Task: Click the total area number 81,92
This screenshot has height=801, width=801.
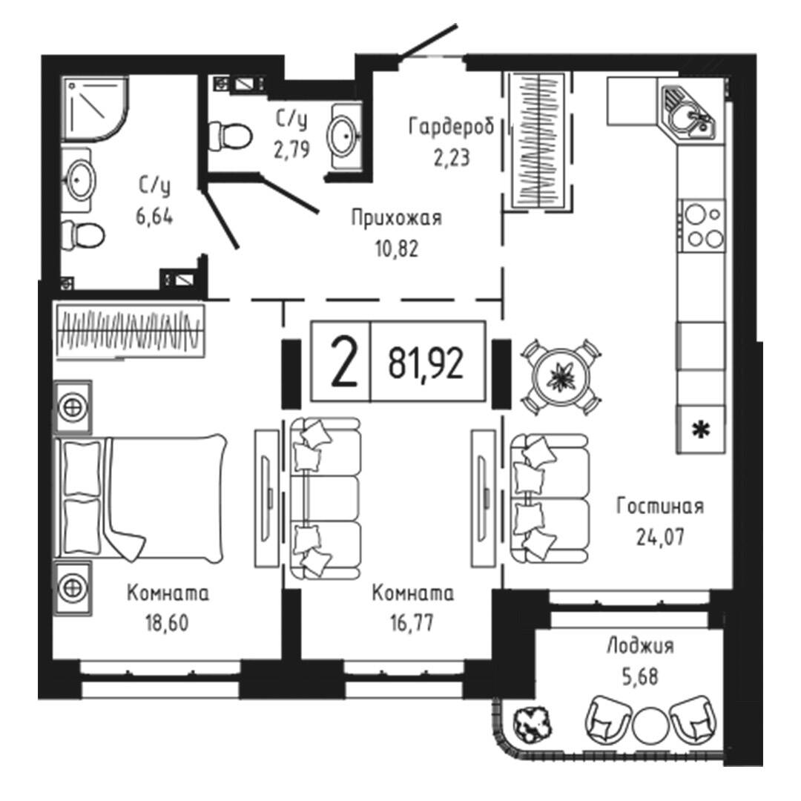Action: coord(426,363)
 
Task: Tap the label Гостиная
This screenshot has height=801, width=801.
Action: coord(660,507)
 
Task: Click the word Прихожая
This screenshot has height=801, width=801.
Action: coord(396,218)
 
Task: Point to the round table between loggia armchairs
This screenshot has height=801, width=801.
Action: coord(650,725)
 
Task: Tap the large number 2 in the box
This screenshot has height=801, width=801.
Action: coord(343,363)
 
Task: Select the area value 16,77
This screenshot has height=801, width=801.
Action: coord(412,623)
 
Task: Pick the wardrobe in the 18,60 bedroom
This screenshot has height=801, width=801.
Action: coord(131,331)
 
